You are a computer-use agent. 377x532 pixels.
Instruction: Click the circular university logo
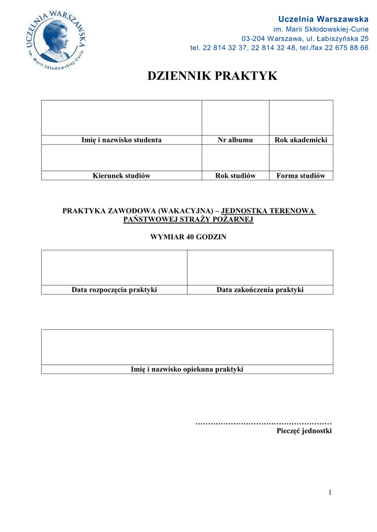coord(55,39)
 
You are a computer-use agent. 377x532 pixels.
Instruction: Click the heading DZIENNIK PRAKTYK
coord(212,76)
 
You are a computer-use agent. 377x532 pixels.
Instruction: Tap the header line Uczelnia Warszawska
coord(323,19)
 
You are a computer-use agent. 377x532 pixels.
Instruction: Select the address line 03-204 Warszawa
coord(305,38)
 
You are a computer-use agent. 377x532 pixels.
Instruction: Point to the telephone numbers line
coord(279,48)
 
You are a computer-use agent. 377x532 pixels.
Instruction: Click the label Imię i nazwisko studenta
coord(121,140)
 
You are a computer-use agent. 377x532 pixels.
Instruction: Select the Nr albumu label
coord(235,140)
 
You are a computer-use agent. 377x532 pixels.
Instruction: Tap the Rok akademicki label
coord(301,140)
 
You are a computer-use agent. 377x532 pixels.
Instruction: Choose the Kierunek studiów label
coord(121,176)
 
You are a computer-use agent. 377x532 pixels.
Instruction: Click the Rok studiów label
coord(235,176)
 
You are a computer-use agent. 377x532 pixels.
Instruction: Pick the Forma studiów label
coord(301,176)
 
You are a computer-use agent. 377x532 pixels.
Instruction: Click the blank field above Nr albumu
coord(235,118)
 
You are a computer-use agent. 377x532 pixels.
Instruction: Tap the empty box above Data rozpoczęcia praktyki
coord(114,268)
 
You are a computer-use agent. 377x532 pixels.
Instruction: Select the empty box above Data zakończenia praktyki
coord(260,268)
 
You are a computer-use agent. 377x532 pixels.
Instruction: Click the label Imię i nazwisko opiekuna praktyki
coord(187,369)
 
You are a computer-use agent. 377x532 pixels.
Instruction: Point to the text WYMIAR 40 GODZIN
coord(188,237)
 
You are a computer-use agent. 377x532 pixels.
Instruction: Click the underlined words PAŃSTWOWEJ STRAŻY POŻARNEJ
coord(188,220)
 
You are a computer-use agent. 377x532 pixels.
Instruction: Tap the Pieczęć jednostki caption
coord(304,431)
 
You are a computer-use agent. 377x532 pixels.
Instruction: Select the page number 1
coord(330,493)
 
